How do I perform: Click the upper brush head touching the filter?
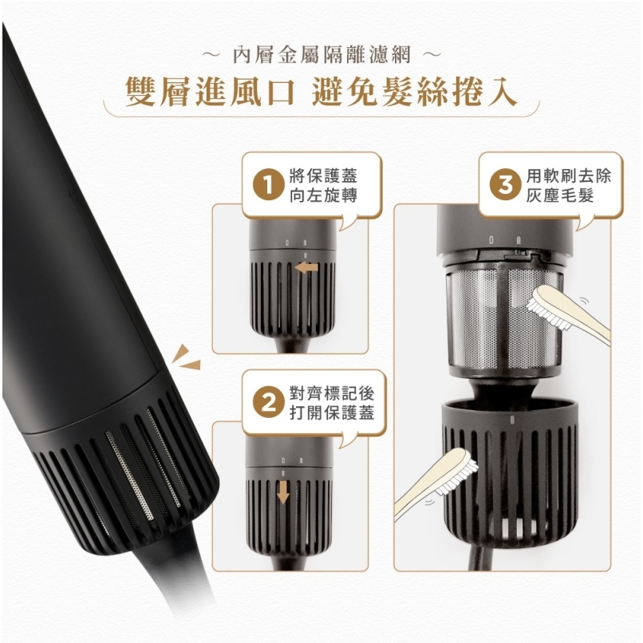point(543,298)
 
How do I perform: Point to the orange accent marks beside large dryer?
point(187,356)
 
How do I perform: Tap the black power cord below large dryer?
point(180,590)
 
